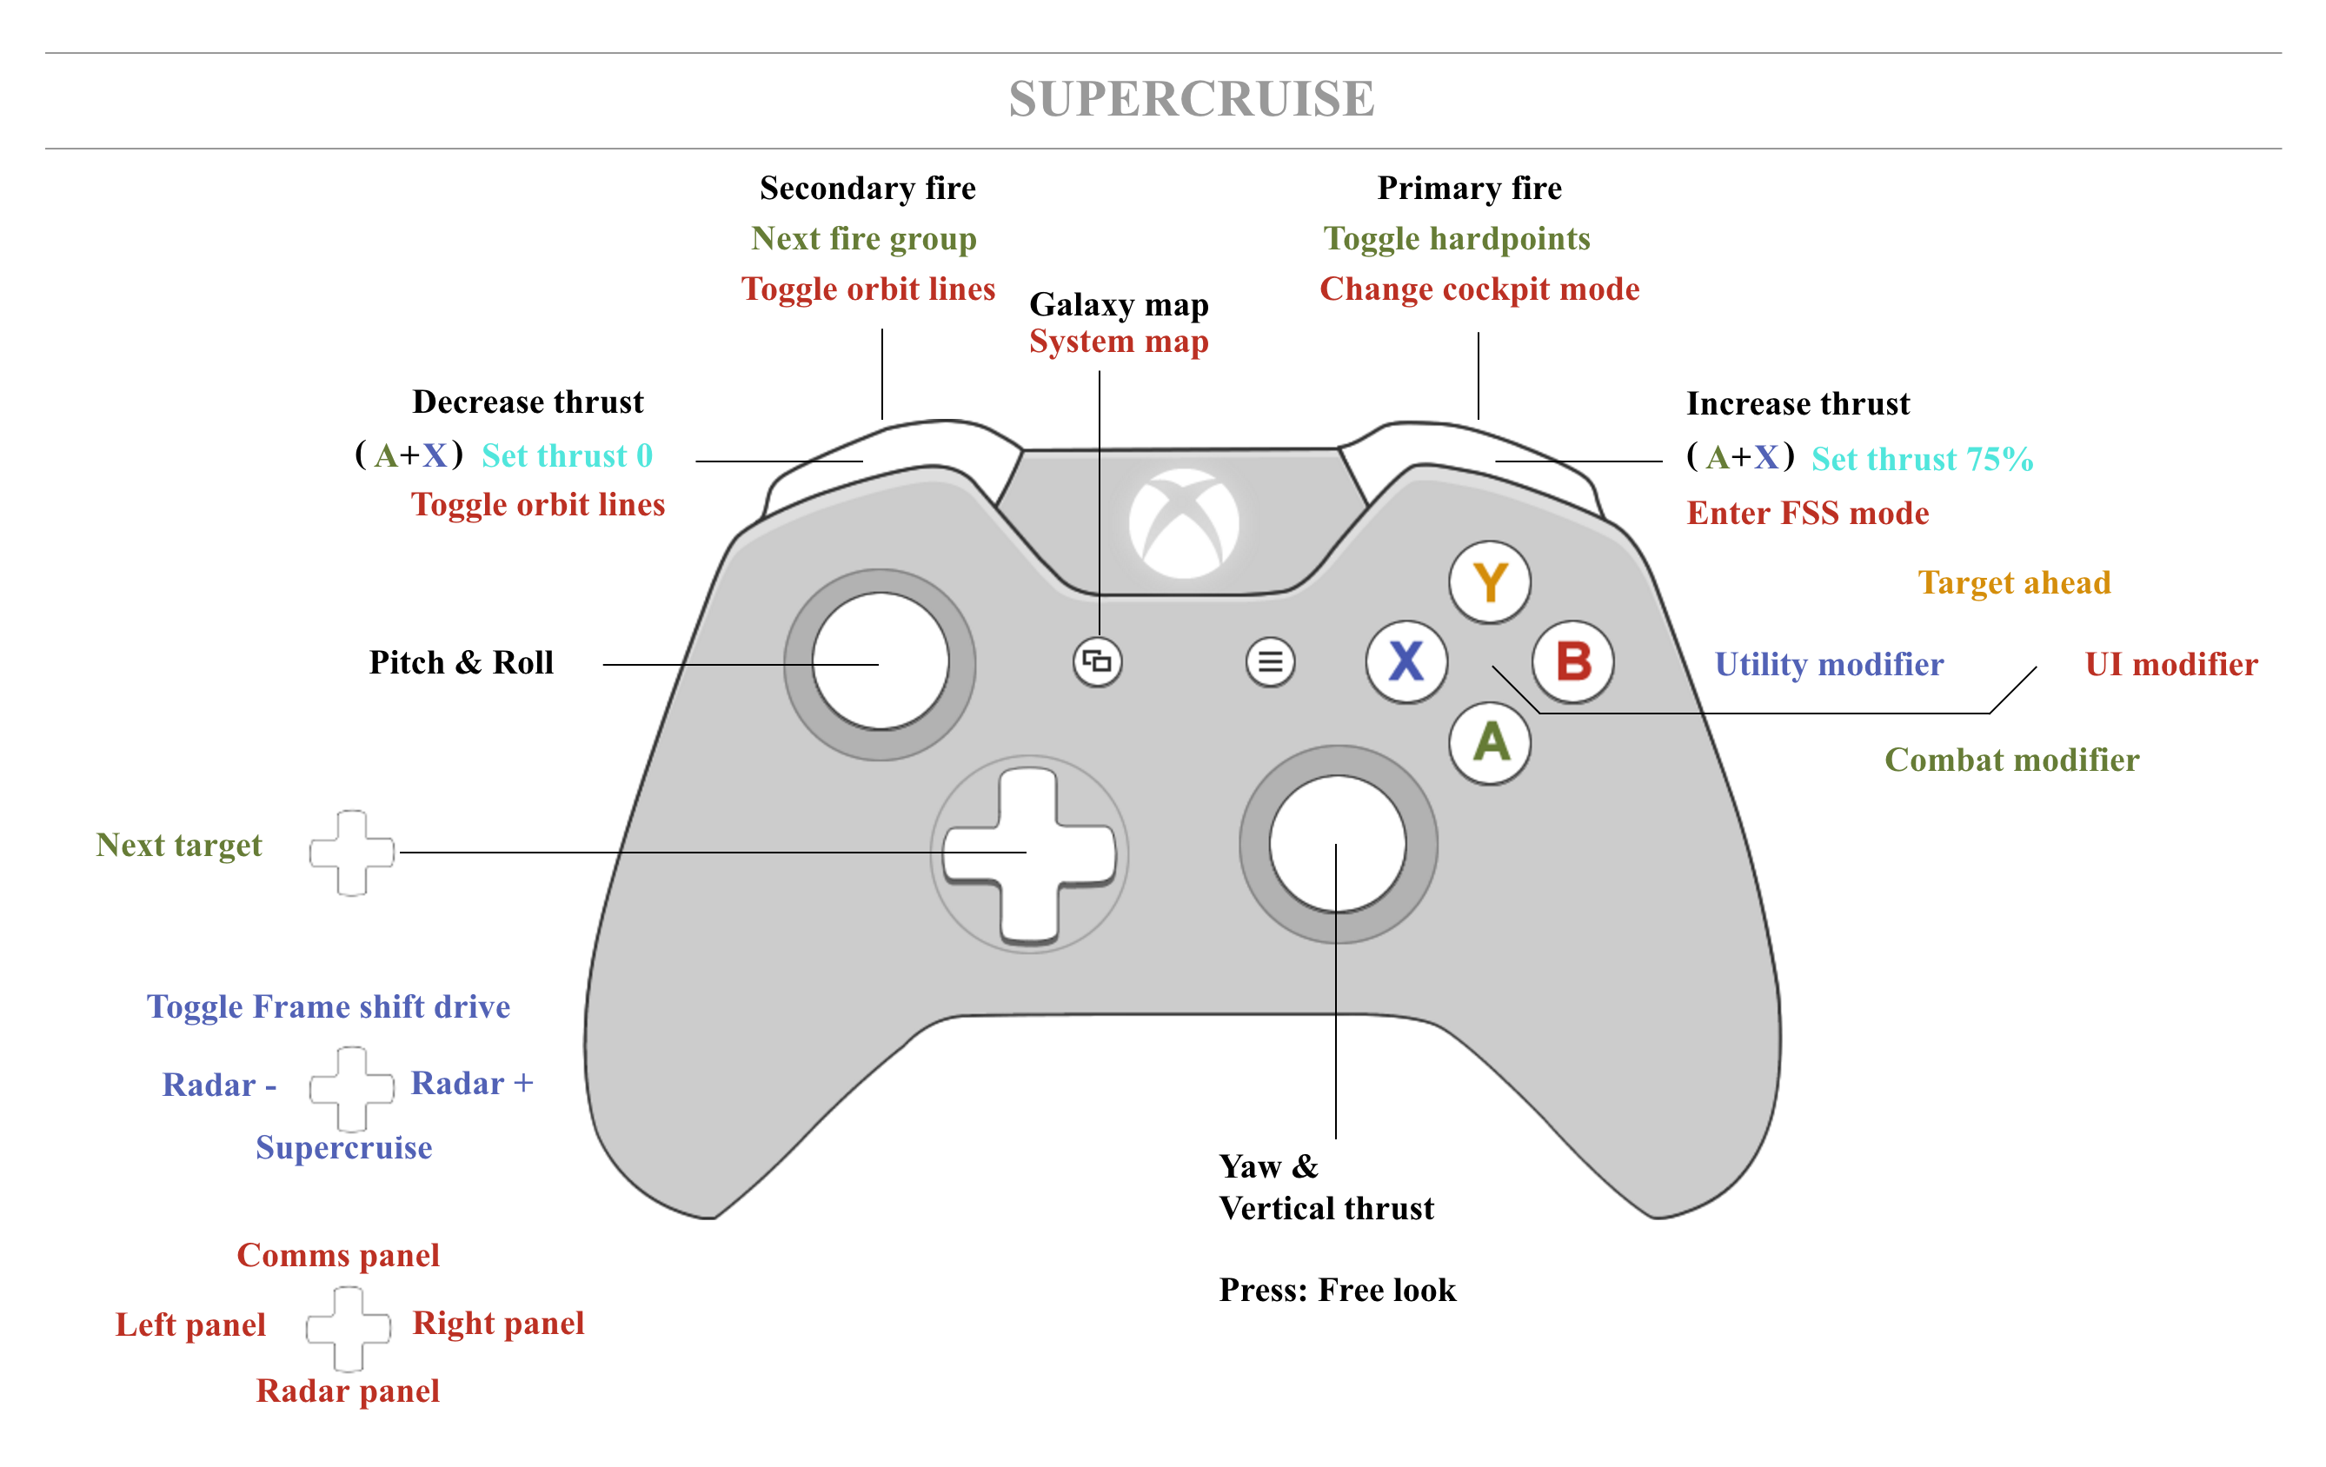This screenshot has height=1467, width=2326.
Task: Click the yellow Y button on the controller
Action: [1490, 582]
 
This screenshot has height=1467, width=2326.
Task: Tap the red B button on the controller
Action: [1572, 661]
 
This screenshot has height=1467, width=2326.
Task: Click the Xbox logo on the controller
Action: [1184, 523]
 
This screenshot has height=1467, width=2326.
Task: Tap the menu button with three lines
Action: [1270, 661]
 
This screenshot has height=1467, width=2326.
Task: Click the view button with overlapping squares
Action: [1097, 661]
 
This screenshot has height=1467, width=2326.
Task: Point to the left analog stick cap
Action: [880, 662]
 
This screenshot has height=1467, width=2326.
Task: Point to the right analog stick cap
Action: [1338, 843]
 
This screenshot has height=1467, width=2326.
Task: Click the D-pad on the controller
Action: [1029, 853]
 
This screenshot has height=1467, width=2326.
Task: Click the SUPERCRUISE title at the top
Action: [1191, 98]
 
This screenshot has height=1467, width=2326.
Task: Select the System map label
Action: [1119, 341]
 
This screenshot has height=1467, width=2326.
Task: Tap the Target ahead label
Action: [2014, 582]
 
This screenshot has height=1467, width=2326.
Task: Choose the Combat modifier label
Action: [2011, 760]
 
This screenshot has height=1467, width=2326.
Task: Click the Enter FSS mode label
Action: [1807, 513]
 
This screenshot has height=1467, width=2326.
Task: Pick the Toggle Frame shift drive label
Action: [329, 1006]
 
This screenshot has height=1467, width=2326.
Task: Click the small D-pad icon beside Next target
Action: [350, 853]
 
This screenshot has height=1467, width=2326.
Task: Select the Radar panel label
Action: [347, 1391]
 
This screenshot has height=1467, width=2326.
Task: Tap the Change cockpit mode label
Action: [1479, 289]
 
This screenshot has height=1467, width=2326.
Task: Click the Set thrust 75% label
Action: [1921, 459]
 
